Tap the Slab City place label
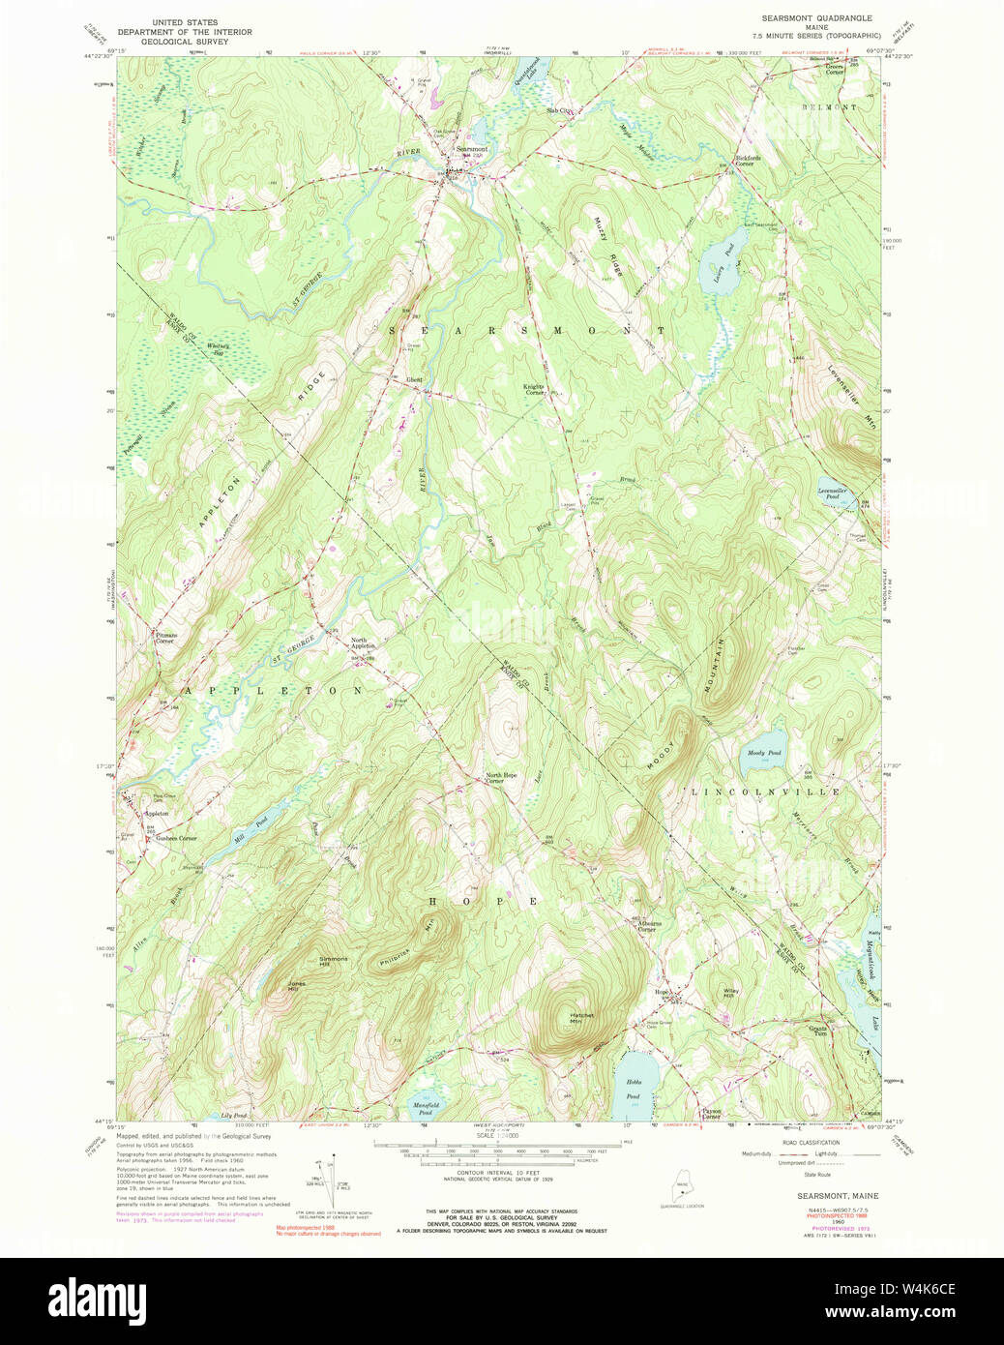[x=560, y=111]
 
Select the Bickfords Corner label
[x=748, y=161]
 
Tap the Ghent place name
[x=414, y=379]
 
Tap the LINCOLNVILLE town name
[x=765, y=792]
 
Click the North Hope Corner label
[x=501, y=777]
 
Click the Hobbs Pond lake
[x=634, y=1086]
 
